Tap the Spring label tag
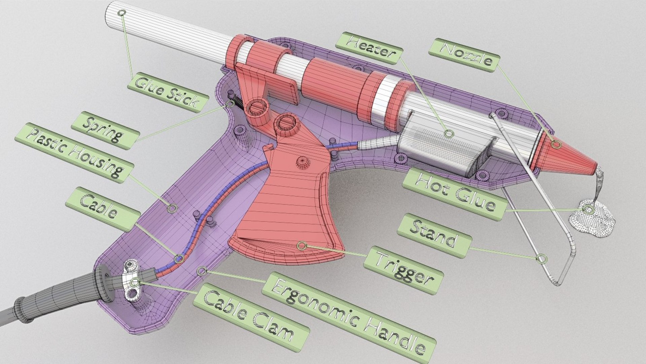pos(105,130)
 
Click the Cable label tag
pos(103,209)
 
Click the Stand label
pos(434,235)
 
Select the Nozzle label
pos(464,55)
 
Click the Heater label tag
pos(369,48)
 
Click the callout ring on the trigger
pos(302,246)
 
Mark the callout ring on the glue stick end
pos(122,13)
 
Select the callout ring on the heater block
pos(448,134)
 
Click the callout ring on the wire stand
pos(541,259)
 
